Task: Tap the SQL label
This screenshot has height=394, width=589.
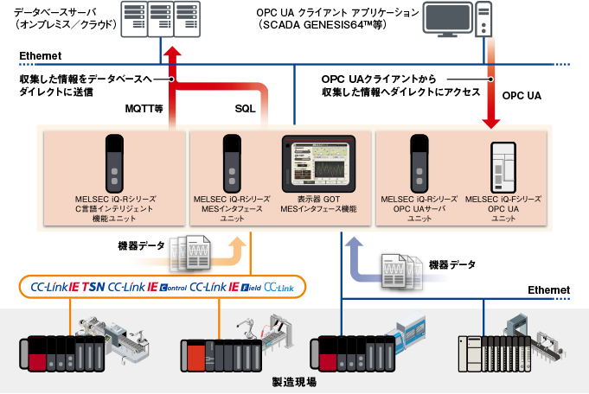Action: point(246,109)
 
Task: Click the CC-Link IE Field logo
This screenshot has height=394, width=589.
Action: point(224,286)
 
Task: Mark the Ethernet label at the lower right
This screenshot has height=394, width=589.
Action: point(549,290)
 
